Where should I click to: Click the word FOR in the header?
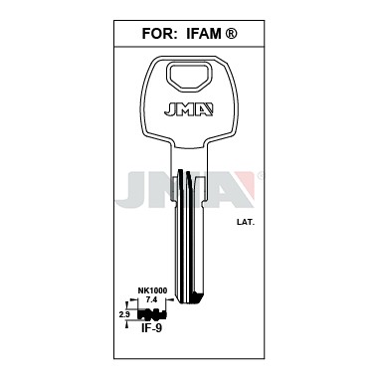pos(157,34)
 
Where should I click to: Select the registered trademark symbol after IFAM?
pos(232,34)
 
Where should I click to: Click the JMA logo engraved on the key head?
pos(189,109)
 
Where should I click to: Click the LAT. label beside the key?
pos(246,223)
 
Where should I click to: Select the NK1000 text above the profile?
pos(152,290)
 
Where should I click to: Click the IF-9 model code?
pos(151,329)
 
